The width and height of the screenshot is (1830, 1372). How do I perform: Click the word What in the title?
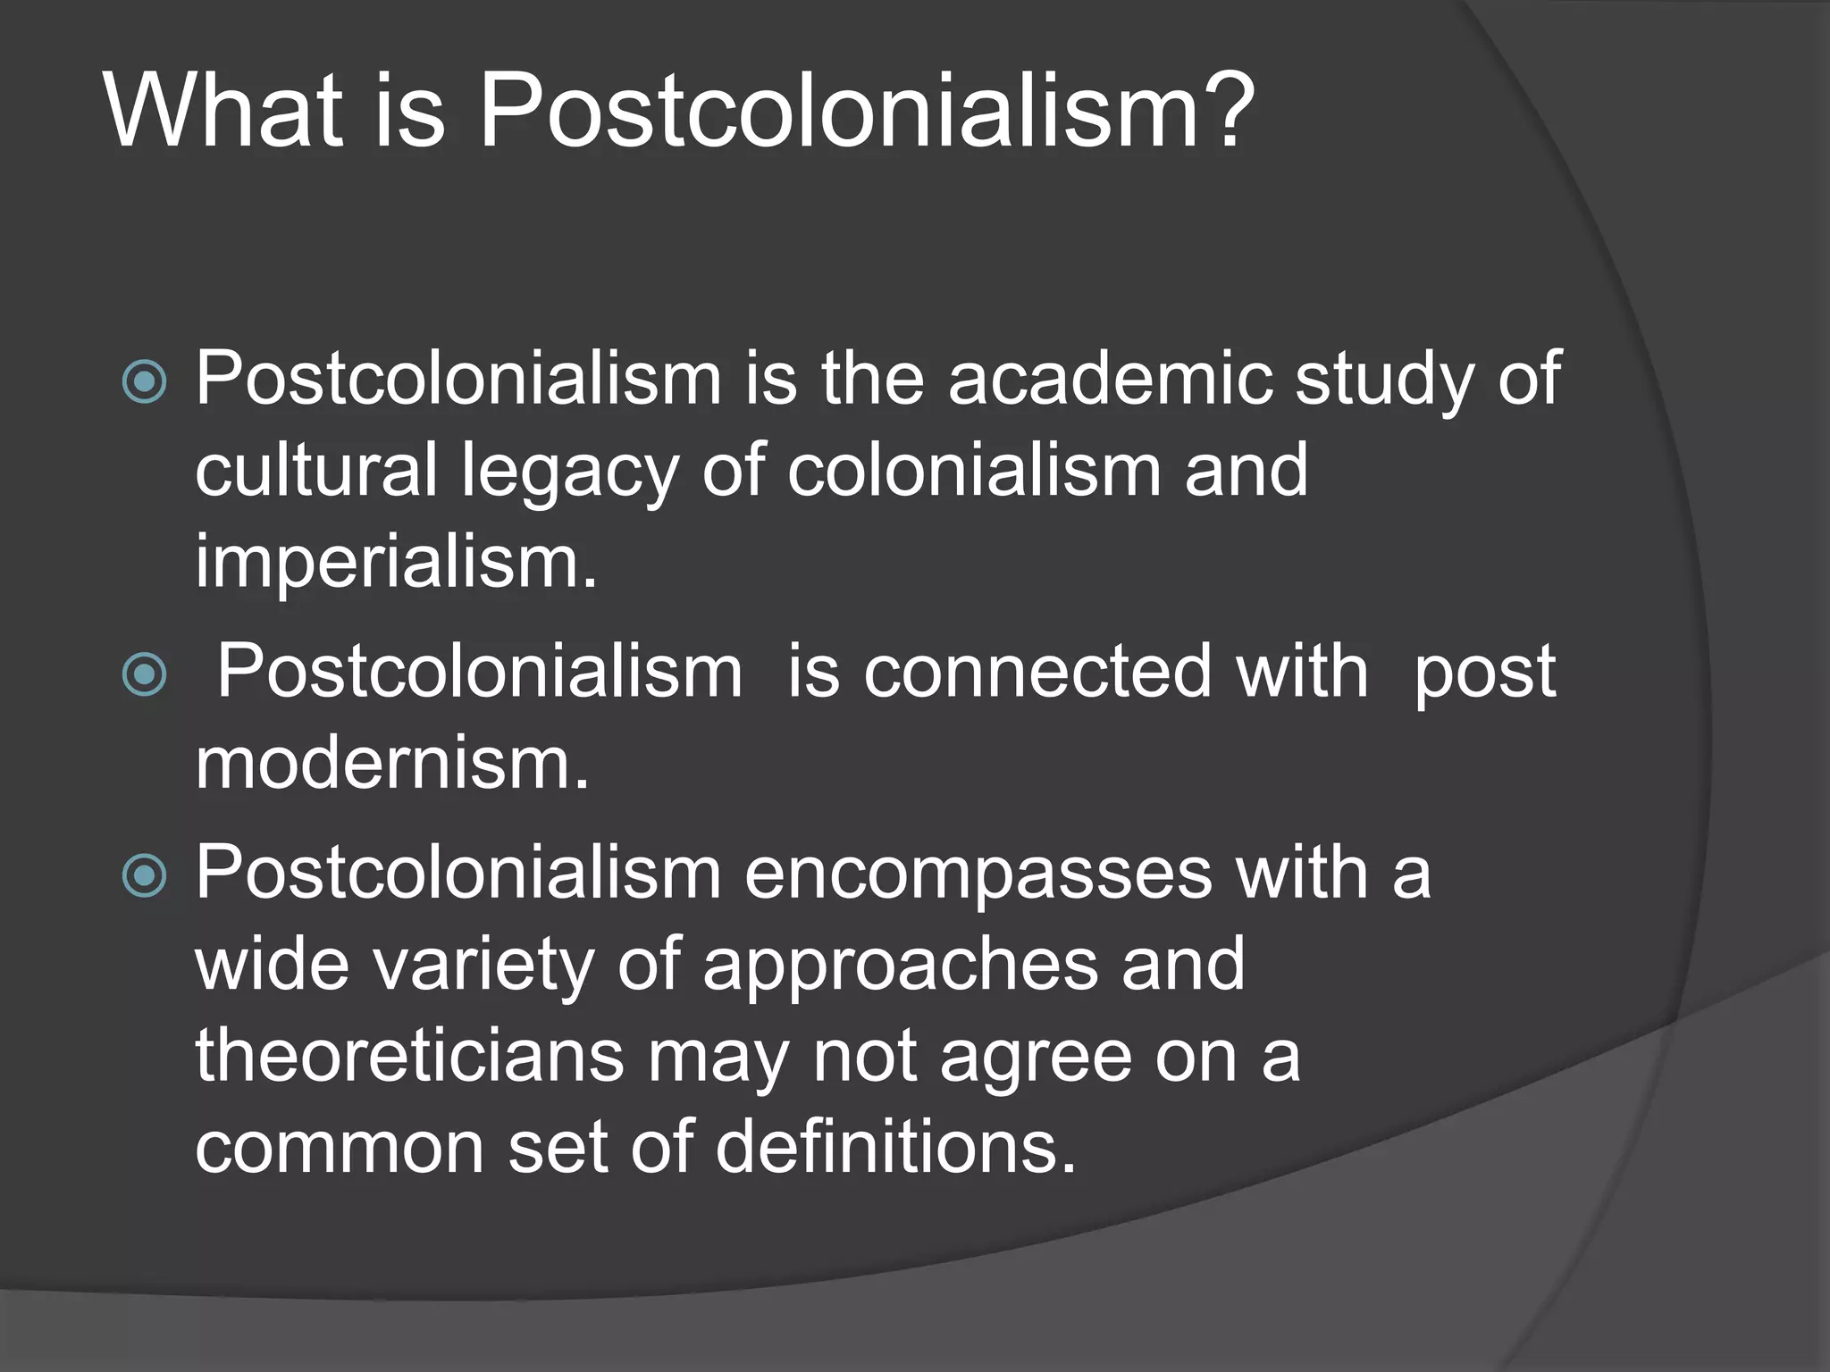coord(223,112)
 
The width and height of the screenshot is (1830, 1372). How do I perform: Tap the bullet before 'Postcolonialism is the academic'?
coord(144,382)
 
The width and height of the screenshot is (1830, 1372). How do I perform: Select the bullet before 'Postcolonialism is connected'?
coord(144,674)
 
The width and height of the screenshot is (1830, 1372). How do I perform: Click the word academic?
coord(1109,379)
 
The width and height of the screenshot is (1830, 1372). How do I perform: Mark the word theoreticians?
coord(409,1056)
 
